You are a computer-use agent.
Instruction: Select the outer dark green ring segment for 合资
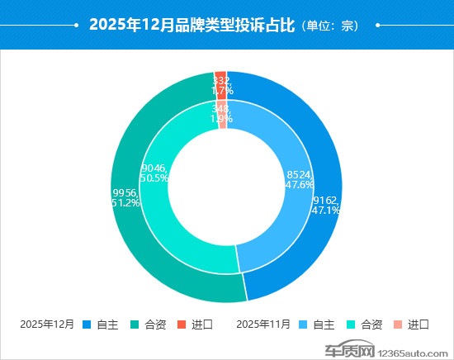(x=149, y=248)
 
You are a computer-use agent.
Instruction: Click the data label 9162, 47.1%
(x=326, y=205)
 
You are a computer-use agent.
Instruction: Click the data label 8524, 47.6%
(x=298, y=180)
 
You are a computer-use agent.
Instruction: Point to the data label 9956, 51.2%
(x=125, y=197)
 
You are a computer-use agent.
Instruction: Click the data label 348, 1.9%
(x=220, y=113)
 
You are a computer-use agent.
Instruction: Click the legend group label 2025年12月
(x=48, y=324)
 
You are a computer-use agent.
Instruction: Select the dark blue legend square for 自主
(x=87, y=324)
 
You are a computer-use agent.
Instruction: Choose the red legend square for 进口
(x=182, y=324)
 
